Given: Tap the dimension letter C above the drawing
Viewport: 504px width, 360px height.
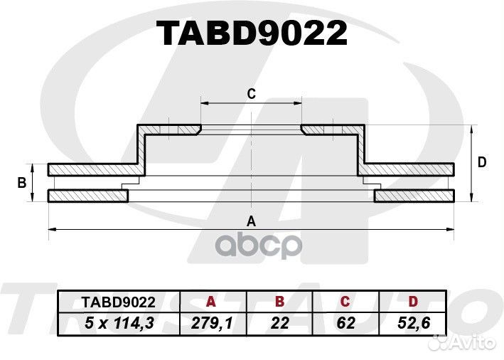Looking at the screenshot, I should pos(251,93).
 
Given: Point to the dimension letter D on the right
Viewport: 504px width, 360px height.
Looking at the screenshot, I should pos(482,162).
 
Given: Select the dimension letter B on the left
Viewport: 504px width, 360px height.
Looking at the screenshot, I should pos(22,183).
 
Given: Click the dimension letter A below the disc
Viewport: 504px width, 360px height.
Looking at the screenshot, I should pos(251,221).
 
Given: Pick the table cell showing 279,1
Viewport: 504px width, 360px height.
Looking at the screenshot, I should pos(210,323).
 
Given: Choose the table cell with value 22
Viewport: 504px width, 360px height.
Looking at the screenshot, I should pos(280,323).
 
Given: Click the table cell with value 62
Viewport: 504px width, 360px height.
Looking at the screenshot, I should pos(346,323).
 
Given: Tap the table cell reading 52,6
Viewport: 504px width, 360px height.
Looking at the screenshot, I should pos(413,323).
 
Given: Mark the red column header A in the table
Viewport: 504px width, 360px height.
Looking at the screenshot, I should pos(210,301).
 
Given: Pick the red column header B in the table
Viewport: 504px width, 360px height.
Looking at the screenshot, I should pos(280,301).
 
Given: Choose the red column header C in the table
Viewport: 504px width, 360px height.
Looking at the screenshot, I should pos(346,301).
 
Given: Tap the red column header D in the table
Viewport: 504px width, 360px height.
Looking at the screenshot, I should pos(413,301).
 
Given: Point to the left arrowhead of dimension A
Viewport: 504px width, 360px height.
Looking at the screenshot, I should pos(51,228).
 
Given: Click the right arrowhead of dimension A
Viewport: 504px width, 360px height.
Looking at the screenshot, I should pos(451,228).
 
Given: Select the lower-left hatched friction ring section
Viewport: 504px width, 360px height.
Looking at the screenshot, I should pos(88,196).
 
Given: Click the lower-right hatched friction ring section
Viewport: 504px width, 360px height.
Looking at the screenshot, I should pos(414,196).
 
